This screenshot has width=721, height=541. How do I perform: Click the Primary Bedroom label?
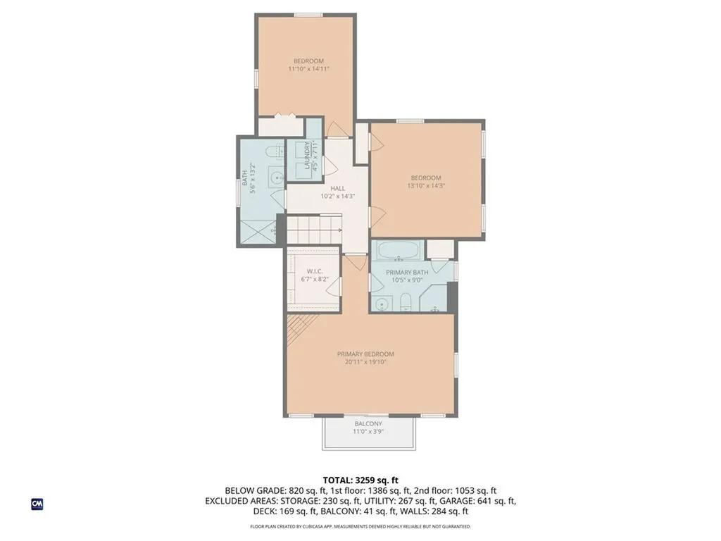365,354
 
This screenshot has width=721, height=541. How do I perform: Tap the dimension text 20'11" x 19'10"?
365,362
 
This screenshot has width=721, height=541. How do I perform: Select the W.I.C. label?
314,271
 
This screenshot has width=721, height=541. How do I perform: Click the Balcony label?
368,423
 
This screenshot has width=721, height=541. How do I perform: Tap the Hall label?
338,188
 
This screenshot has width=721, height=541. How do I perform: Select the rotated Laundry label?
307,156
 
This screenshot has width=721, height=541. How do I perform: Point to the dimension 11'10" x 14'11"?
308,69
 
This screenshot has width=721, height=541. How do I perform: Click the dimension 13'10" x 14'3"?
426,186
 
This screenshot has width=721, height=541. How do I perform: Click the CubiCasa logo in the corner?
37,504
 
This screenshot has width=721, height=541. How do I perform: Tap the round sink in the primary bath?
382,304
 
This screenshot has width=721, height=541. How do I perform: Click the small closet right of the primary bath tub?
439,249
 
